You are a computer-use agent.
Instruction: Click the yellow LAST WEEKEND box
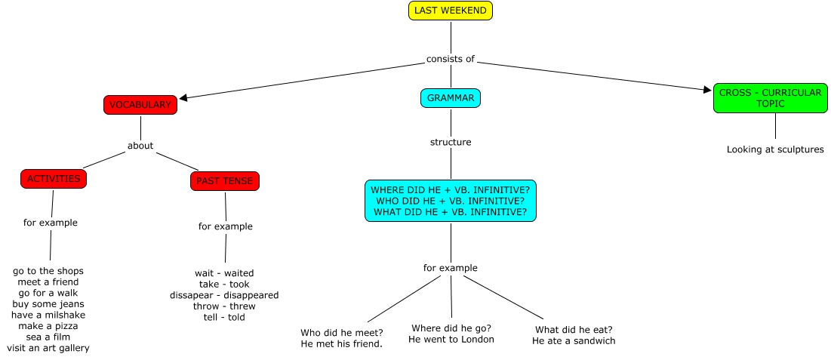pyautogui.click(x=451, y=11)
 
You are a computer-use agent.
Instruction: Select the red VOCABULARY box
pyautogui.click(x=140, y=105)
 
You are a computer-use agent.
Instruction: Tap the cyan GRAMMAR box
pyautogui.click(x=451, y=98)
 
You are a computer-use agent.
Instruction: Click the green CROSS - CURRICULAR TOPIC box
pyautogui.click(x=770, y=98)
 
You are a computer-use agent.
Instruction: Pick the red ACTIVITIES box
pyautogui.click(x=54, y=179)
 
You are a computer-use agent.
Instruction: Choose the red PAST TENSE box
pyautogui.click(x=225, y=181)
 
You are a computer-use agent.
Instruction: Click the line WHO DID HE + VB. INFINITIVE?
pyautogui.click(x=451, y=201)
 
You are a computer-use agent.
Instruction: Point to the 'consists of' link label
pyautogui.click(x=451, y=59)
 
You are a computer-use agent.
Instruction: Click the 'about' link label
pyautogui.click(x=140, y=145)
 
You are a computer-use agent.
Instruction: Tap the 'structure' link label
pyautogui.click(x=451, y=142)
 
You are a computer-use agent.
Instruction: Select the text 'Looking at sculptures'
pyautogui.click(x=775, y=149)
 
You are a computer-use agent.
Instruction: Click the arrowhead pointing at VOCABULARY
pyautogui.click(x=183, y=98)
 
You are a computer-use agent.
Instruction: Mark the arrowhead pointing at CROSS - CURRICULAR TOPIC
pyautogui.click(x=707, y=90)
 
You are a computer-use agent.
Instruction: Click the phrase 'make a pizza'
pyautogui.click(x=48, y=326)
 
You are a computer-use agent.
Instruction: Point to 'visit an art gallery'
pyautogui.click(x=48, y=349)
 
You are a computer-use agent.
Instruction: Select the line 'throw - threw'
pyautogui.click(x=224, y=306)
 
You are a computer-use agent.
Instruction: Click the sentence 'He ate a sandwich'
pyautogui.click(x=574, y=341)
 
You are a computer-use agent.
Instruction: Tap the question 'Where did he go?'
pyautogui.click(x=451, y=328)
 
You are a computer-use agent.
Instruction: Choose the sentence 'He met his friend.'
pyautogui.click(x=342, y=344)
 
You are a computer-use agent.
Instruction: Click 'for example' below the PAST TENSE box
pyautogui.click(x=226, y=226)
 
